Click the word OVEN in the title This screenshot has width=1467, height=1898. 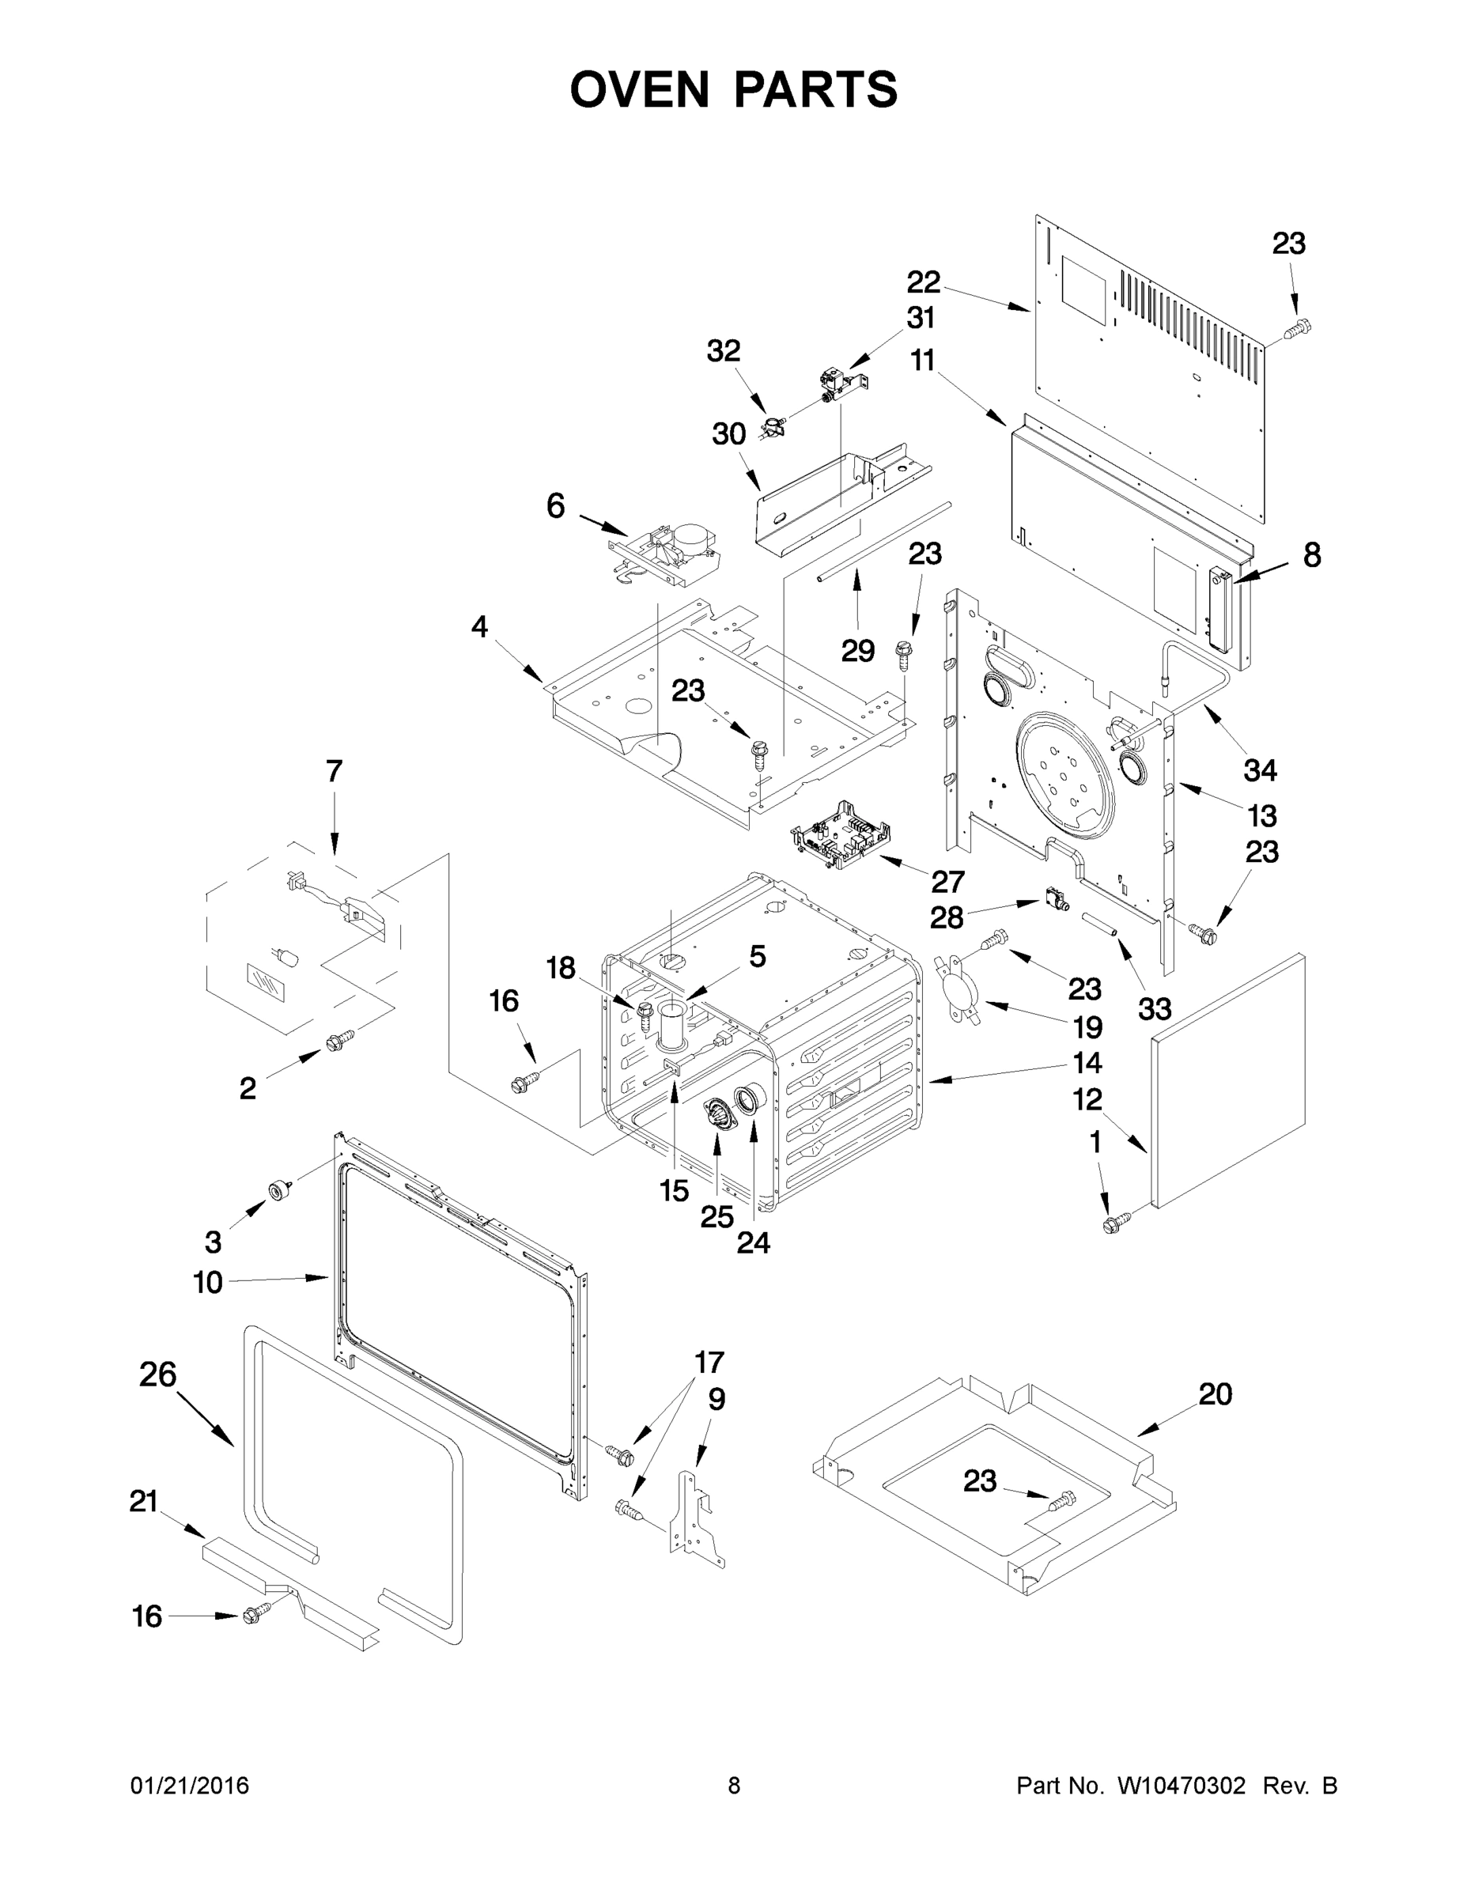pyautogui.click(x=640, y=89)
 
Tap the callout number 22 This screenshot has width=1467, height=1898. pyautogui.click(x=924, y=282)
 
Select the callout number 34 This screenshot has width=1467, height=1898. pyautogui.click(x=1260, y=770)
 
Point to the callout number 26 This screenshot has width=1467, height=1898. pyautogui.click(x=158, y=1374)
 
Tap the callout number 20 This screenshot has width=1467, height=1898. pyautogui.click(x=1215, y=1395)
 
